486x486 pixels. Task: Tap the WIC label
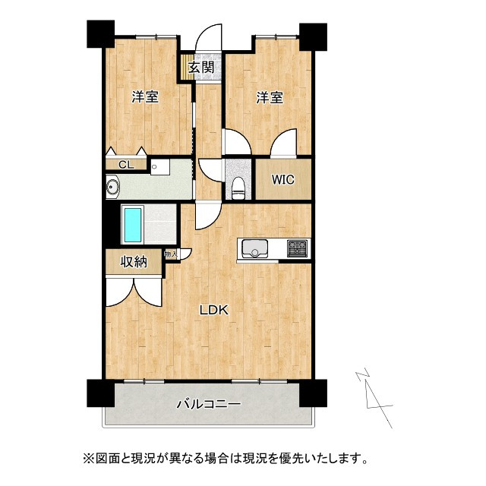pos(282,180)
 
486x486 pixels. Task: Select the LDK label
pos(214,310)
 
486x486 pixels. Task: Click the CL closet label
pos(126,164)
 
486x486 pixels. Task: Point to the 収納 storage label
pos(134,262)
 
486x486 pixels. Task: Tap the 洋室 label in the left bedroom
pos(145,97)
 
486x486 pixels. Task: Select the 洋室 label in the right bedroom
pos(270,97)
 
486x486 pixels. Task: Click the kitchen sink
pos(254,248)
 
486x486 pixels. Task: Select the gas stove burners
pos(296,248)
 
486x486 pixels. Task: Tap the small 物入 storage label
pos(171,255)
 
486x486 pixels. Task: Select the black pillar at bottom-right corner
pos(312,392)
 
